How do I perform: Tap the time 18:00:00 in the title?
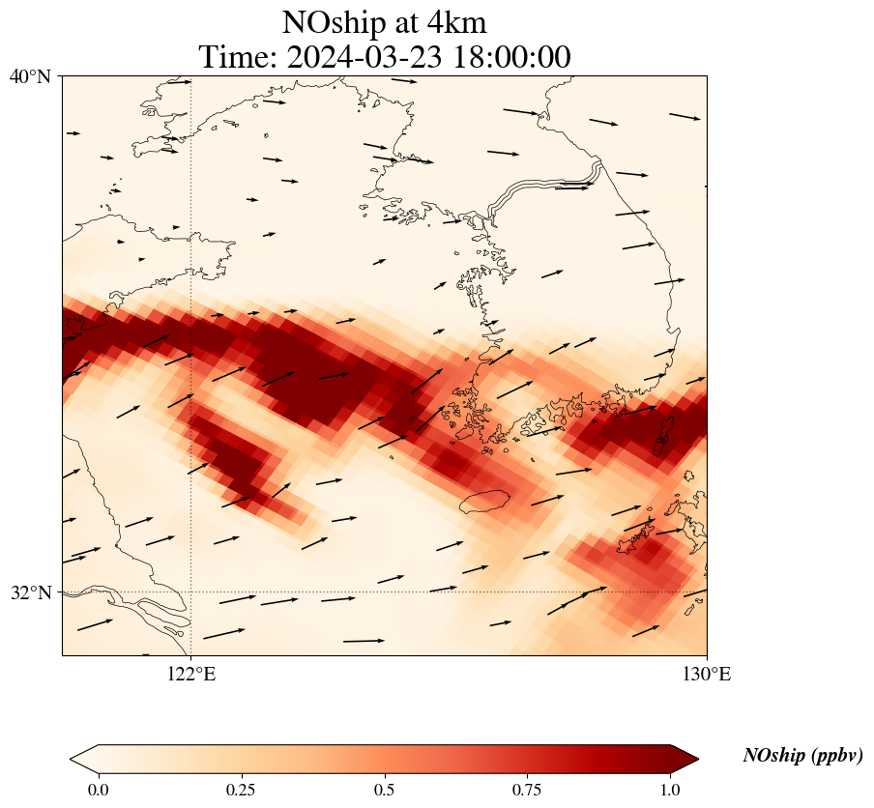point(509,57)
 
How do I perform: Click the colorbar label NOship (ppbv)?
point(802,756)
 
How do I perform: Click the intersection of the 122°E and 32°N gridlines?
point(191,592)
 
